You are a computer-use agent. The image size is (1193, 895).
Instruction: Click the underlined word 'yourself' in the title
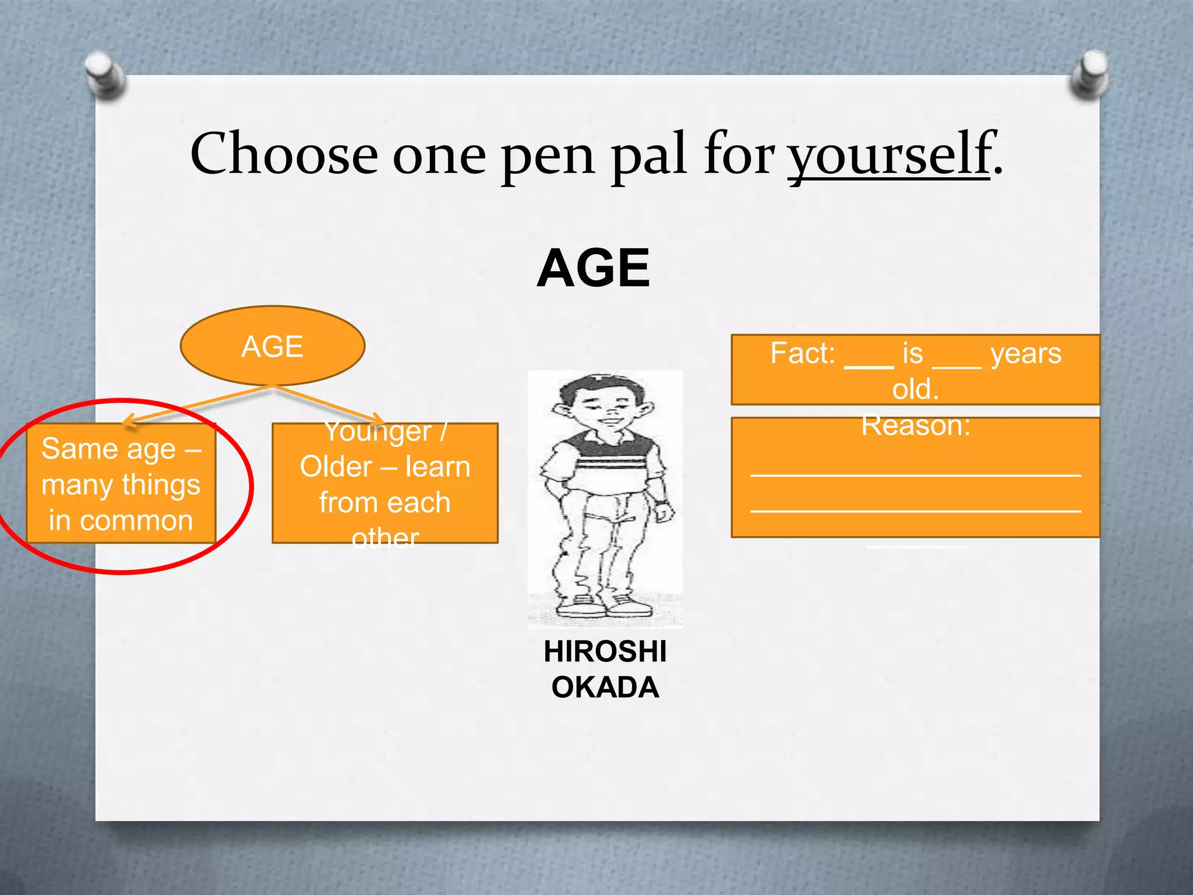tap(888, 155)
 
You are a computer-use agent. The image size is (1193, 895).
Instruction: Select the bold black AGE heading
tap(593, 268)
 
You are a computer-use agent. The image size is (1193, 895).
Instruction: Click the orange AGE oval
tap(273, 346)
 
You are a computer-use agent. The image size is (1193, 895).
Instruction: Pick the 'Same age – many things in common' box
tap(121, 484)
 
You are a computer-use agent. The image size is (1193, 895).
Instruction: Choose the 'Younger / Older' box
tap(385, 484)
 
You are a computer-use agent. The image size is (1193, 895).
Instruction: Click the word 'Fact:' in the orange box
tap(803, 353)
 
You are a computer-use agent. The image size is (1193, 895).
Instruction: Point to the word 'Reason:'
tap(916, 425)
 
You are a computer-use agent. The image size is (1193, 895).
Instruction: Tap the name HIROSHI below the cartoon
tap(605, 651)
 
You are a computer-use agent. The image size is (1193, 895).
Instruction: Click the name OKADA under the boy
tap(605, 688)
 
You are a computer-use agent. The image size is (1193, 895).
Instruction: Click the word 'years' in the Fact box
tap(1026, 353)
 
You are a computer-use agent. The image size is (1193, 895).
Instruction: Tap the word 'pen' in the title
tap(548, 155)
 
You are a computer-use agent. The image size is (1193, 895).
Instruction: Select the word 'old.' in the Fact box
tap(915, 389)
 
